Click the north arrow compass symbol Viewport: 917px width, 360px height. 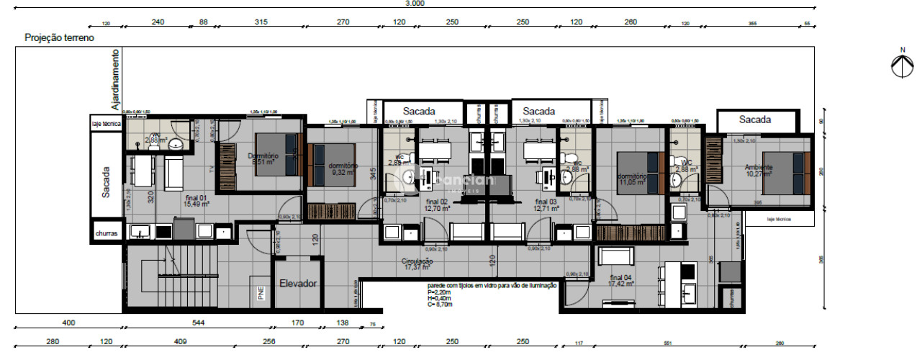(901, 65)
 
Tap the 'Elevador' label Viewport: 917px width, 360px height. (298, 284)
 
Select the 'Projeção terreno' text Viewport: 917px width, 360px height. (59, 37)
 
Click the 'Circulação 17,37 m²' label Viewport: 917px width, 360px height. (417, 264)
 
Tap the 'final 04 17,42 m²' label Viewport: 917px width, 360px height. (621, 281)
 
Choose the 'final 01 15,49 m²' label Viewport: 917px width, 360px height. (196, 200)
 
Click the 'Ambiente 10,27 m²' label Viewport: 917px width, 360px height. (759, 171)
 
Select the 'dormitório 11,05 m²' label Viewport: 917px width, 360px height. (632, 179)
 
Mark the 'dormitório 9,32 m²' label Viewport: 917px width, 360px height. (342, 169)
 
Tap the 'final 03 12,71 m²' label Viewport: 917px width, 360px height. (546, 205)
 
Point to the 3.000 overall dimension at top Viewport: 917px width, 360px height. (415, 4)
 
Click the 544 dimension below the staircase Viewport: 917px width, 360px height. (199, 323)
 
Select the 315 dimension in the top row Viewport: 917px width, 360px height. (261, 22)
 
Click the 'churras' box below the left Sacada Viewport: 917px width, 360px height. (106, 234)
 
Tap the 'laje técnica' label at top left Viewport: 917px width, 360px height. (106, 124)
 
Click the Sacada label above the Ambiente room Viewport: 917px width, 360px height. (755, 120)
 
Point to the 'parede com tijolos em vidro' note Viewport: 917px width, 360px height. (492, 286)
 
